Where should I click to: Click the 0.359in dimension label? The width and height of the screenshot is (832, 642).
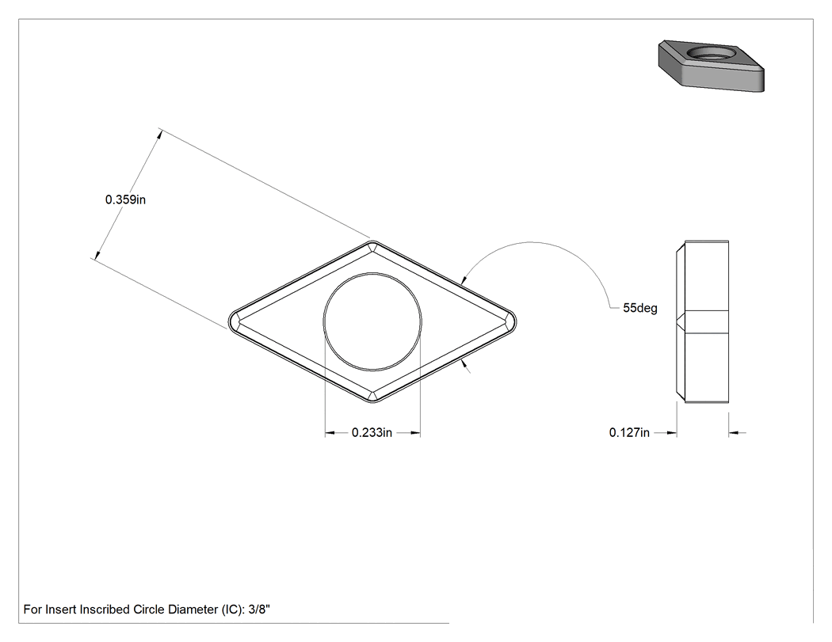[125, 199]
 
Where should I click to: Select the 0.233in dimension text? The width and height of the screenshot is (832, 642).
[372, 432]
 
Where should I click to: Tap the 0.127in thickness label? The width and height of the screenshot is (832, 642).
[629, 432]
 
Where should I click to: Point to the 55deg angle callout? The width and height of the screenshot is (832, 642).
[640, 308]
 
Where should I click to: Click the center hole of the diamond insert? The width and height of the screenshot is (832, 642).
[372, 321]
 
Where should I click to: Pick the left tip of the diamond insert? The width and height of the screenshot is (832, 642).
[229, 322]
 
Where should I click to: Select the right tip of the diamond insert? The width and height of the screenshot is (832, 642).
[517, 322]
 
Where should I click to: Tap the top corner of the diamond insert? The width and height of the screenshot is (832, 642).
[372, 241]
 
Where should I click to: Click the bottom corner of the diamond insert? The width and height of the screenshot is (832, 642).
[372, 402]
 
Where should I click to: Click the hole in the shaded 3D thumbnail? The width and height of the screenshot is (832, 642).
[712, 53]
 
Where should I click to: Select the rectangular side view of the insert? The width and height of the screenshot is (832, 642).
[703, 321]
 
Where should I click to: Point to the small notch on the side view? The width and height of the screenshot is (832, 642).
[680, 321]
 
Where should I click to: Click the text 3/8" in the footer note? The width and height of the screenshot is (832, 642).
[259, 609]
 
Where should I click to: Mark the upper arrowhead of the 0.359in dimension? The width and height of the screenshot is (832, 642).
[158, 135]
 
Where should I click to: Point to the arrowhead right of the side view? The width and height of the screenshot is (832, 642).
[733, 433]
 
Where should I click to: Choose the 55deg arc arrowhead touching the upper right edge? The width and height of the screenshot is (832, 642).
[464, 281]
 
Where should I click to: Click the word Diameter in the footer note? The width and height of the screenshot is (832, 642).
[193, 610]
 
